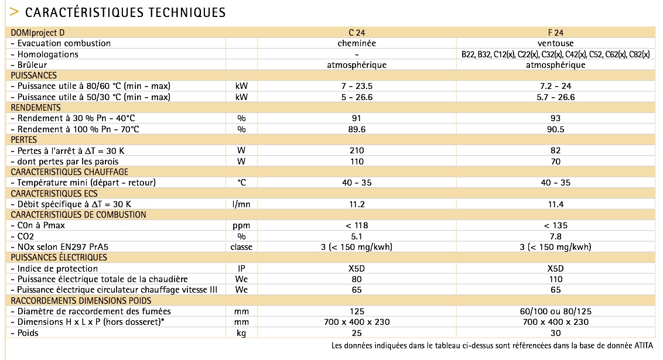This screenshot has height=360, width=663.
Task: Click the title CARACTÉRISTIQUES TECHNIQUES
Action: pos(125,12)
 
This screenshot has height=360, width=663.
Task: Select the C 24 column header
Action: pos(357,33)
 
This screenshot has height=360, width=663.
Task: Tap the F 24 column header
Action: pos(555,33)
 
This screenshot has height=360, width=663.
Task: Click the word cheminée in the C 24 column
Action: pos(357,43)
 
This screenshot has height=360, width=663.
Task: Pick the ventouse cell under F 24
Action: pos(555,43)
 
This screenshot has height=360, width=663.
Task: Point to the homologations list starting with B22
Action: pos(555,54)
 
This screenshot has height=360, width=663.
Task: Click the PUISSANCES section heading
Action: pos(34,76)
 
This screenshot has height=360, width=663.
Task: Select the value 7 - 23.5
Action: pos(357,86)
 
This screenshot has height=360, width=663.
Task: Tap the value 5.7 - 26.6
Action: pos(555,97)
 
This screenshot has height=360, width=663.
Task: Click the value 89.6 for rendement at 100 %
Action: pos(357,129)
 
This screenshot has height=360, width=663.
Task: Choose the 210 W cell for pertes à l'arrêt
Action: pos(357,150)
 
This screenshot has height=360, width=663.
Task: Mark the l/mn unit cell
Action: pos(241,204)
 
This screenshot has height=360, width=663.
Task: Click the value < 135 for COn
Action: pos(555,225)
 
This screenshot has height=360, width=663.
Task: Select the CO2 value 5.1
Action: pos(357,236)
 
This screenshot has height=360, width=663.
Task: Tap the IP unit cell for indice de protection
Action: pos(241,268)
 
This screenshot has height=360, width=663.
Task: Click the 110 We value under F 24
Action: pos(555,279)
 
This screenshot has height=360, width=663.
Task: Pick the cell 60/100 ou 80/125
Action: pos(555,311)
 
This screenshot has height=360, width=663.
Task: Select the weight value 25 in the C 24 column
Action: pos(357,333)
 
